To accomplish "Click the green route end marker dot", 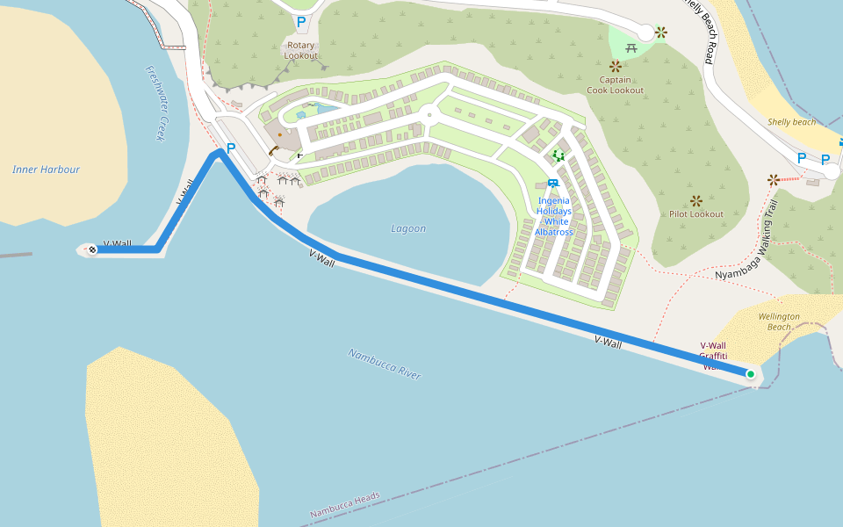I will click(x=751, y=375).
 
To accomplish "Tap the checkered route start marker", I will click(x=91, y=249).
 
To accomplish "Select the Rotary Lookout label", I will click(x=301, y=50).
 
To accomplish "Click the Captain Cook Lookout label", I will click(x=615, y=84).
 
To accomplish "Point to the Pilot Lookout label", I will click(x=695, y=214).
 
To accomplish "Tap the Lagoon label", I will click(x=408, y=228).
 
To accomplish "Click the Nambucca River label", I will click(x=385, y=364).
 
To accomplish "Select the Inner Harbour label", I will click(x=46, y=170).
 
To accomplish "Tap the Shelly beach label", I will click(x=791, y=122).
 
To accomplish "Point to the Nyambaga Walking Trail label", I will click(x=747, y=240).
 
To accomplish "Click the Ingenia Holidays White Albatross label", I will click(x=553, y=216).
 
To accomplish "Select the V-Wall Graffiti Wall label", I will click(x=712, y=356).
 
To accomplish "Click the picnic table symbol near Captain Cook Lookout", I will click(x=631, y=48).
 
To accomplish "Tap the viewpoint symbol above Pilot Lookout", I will click(x=696, y=201).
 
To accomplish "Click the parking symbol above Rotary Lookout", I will click(x=301, y=22).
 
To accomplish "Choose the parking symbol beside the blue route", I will click(x=231, y=148).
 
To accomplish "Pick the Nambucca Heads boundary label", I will click(x=345, y=504).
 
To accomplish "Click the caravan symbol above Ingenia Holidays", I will click(x=552, y=183).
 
